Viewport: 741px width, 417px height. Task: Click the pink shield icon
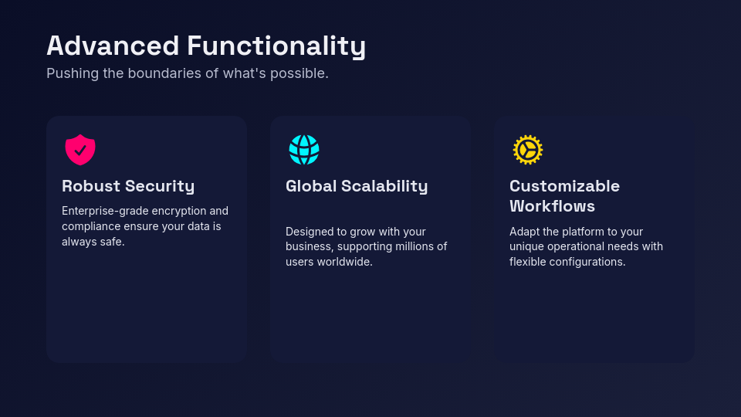click(x=80, y=150)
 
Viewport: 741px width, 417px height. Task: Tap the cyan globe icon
click(x=304, y=150)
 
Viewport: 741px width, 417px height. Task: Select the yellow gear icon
click(x=528, y=150)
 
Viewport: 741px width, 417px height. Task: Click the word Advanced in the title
click(x=113, y=46)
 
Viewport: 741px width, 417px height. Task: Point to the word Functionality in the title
click(x=276, y=46)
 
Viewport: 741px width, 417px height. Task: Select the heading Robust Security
click(x=128, y=186)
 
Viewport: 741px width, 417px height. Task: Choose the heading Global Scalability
click(x=357, y=186)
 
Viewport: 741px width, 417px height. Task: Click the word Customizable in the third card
click(x=564, y=186)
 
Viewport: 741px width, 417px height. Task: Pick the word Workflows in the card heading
click(x=552, y=206)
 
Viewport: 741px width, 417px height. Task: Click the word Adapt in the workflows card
click(x=524, y=232)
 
